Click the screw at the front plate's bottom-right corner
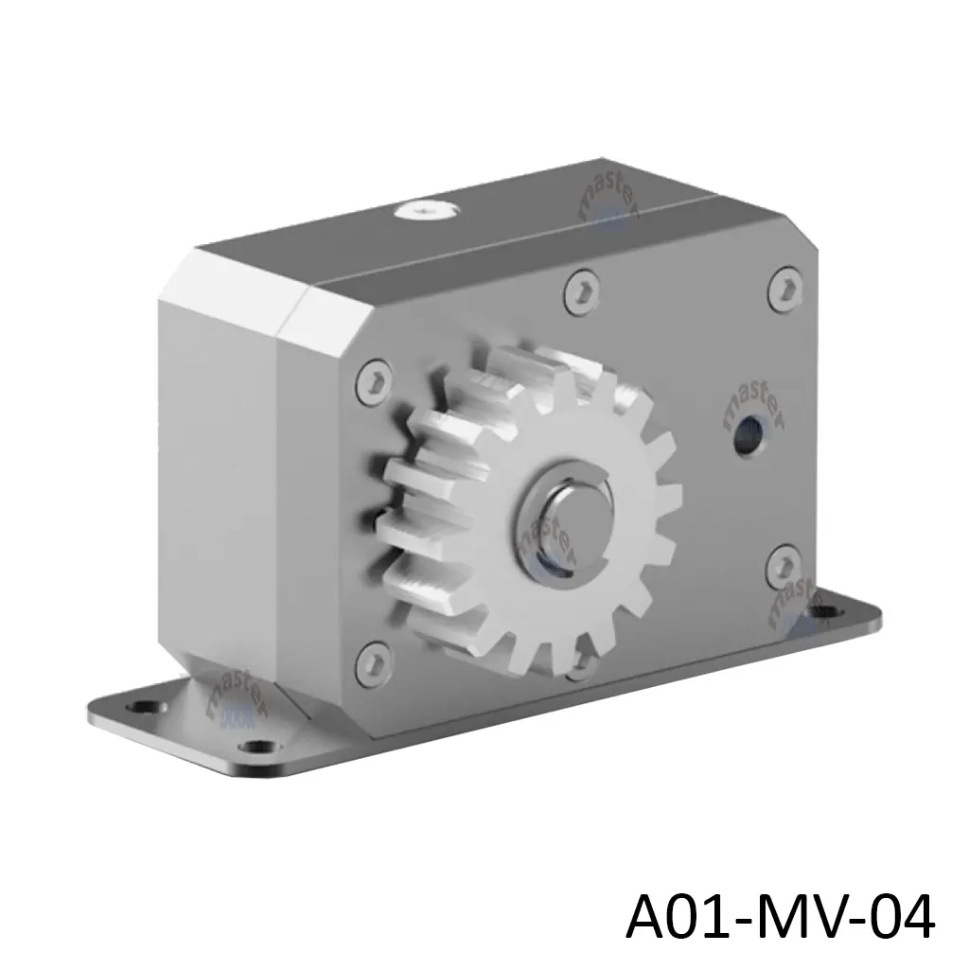click(x=783, y=565)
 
